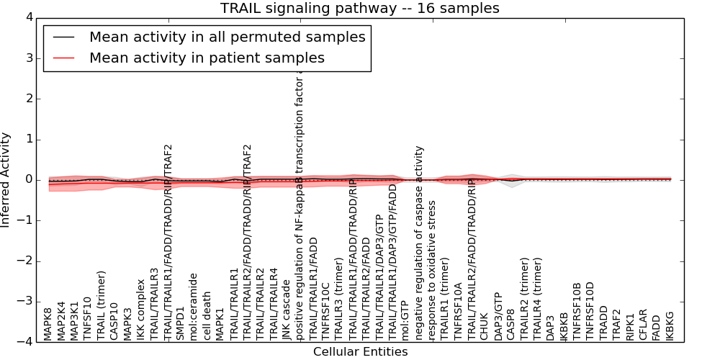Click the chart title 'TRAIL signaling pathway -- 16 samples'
359,8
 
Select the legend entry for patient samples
207,58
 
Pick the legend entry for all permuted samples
227,37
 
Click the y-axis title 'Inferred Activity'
6,179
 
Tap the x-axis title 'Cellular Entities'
360,352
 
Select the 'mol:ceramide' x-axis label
194,307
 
